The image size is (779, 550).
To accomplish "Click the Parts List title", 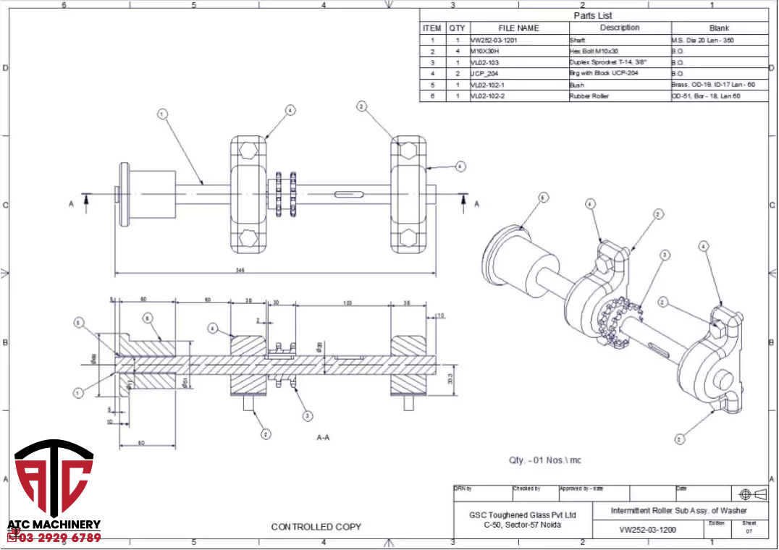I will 593,15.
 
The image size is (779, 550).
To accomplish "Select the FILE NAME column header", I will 518,28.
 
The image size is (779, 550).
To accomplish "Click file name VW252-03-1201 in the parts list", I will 494,41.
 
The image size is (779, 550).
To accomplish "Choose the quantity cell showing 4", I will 458,51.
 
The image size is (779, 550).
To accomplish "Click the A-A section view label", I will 324,437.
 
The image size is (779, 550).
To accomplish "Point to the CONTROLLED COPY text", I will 316,527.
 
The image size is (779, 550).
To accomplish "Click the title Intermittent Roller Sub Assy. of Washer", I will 678,511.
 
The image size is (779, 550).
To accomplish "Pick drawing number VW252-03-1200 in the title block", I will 647,530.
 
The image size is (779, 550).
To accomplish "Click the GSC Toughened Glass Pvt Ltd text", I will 522,515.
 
